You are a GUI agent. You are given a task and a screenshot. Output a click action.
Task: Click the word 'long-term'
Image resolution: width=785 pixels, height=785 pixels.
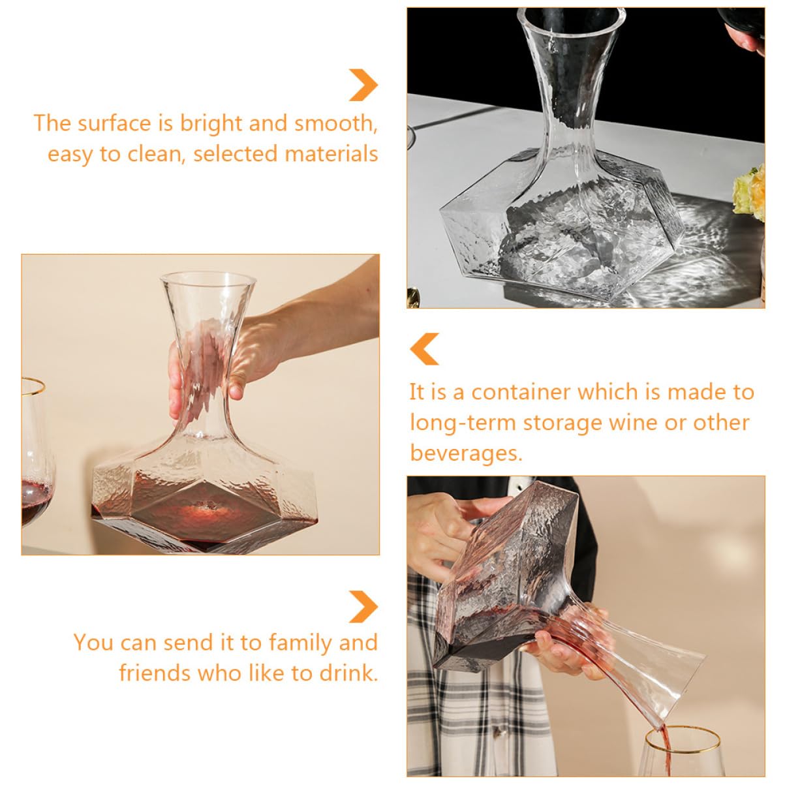(463, 423)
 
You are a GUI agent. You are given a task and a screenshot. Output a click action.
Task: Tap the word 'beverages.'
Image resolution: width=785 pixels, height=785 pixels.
(466, 452)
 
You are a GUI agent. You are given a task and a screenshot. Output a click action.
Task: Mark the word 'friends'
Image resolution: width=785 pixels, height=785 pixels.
(155, 673)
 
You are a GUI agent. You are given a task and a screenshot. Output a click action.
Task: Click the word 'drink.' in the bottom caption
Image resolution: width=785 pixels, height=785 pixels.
(348, 673)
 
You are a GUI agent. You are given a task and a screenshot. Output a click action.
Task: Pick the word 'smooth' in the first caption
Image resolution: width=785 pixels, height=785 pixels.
(335, 123)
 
